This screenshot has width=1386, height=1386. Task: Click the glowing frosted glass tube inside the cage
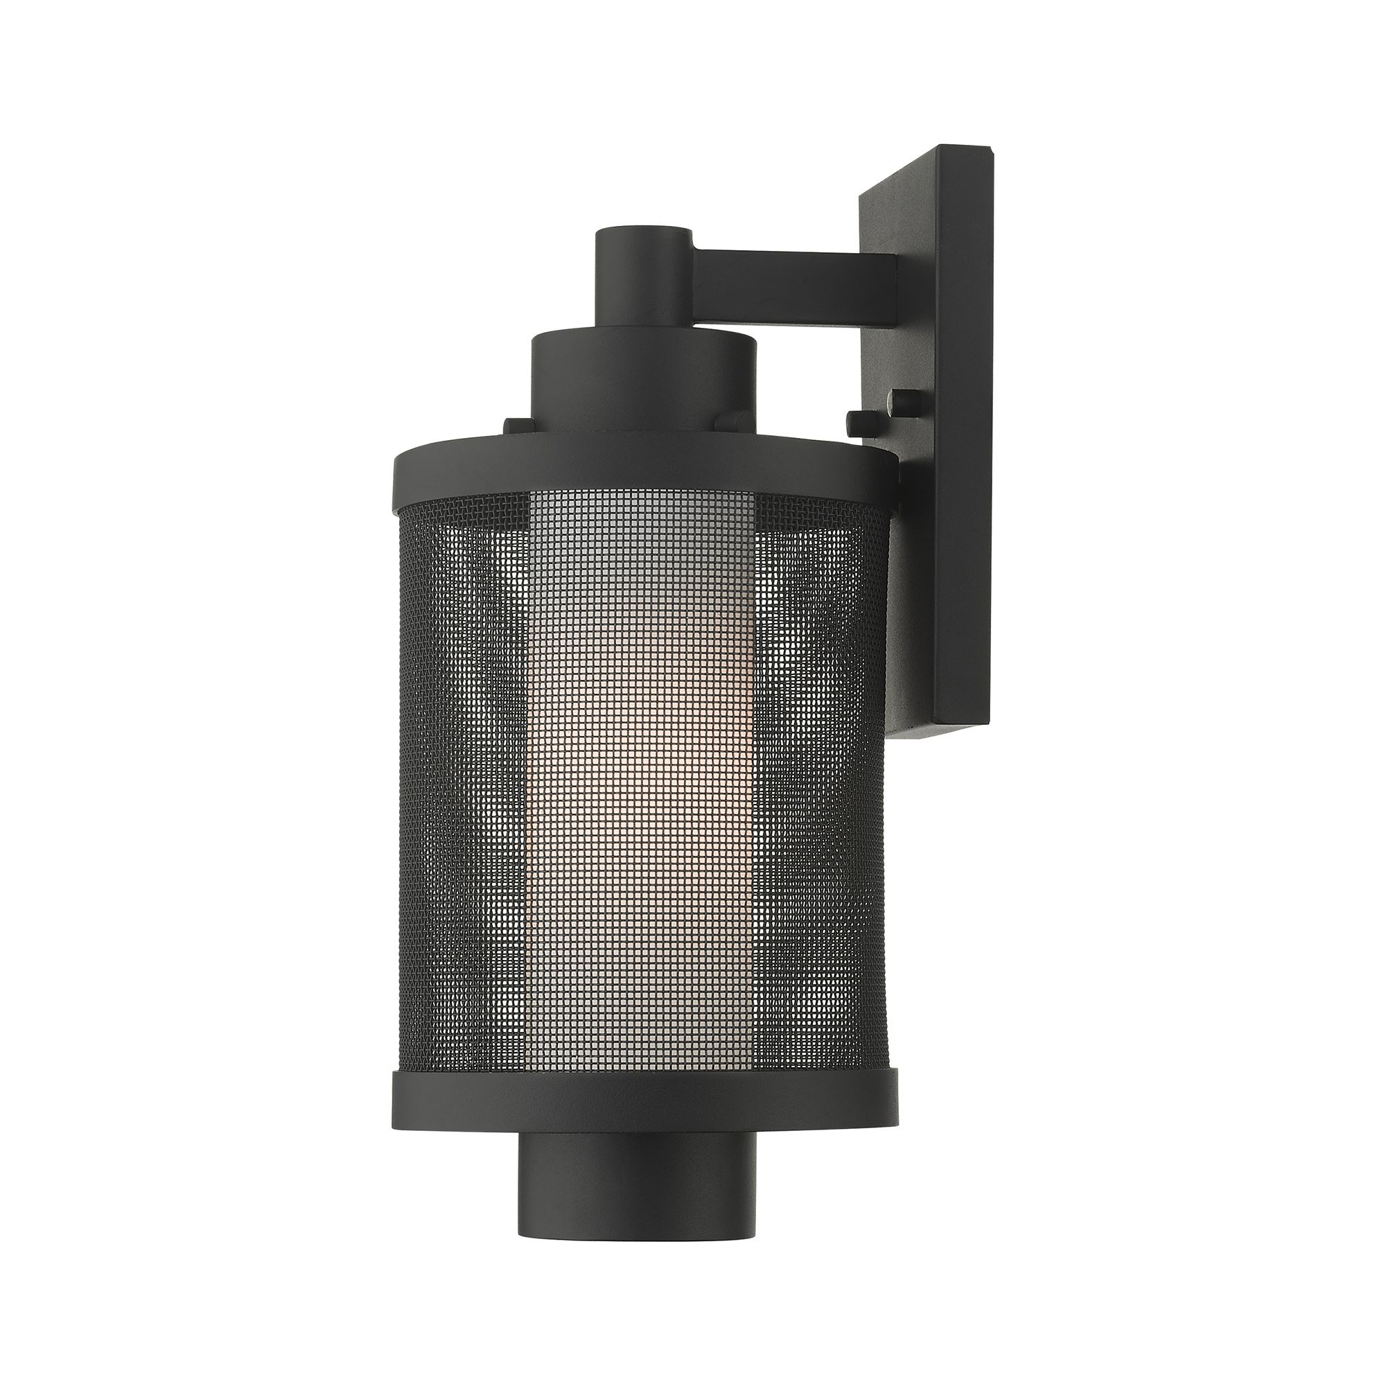(x=644, y=789)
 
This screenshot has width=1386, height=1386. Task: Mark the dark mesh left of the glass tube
(x=459, y=789)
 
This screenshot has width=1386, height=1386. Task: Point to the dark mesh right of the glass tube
(x=825, y=789)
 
